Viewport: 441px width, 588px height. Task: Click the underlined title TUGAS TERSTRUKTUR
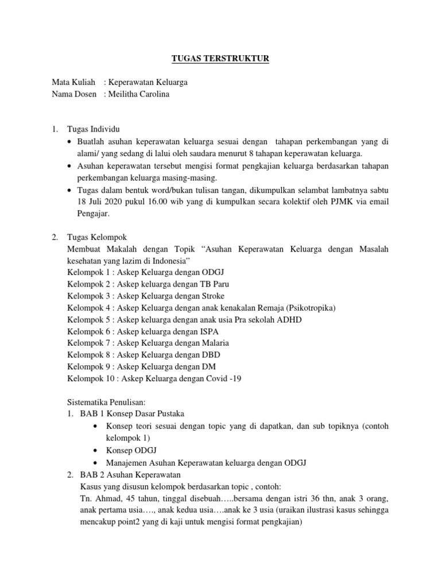(x=220, y=58)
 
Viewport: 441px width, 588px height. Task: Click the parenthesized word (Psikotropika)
(x=308, y=308)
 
